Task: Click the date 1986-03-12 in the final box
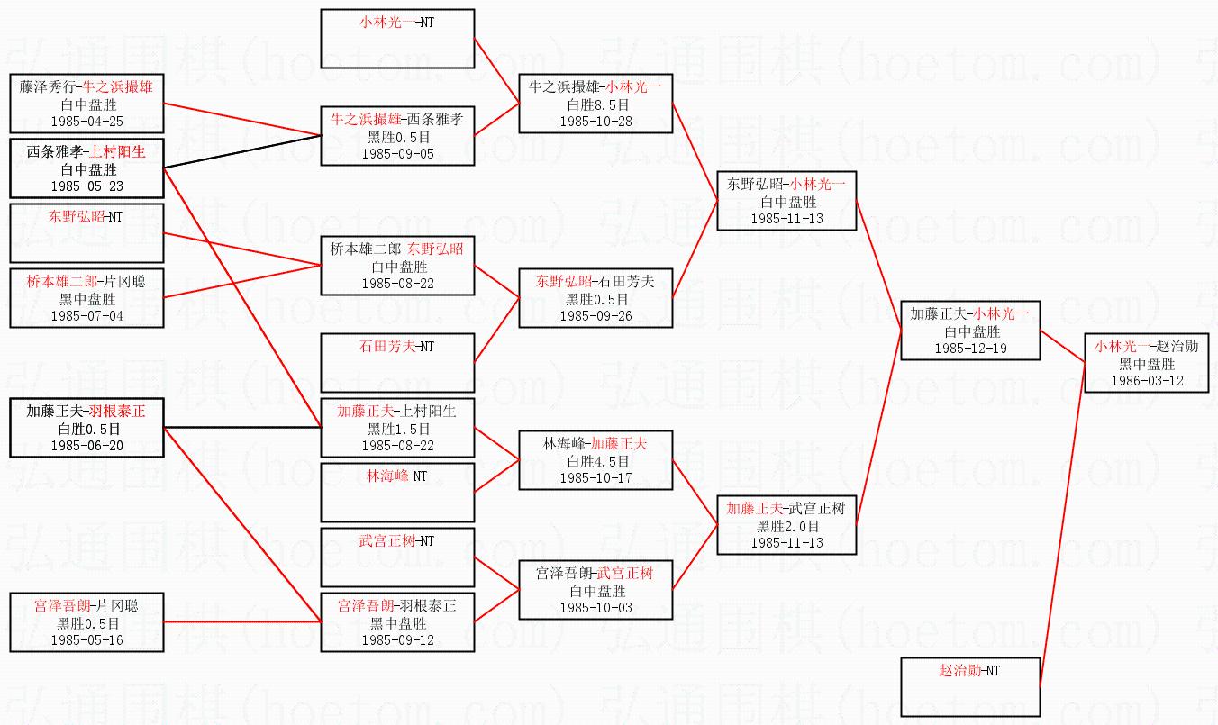[x=1147, y=381]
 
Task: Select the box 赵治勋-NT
[x=970, y=686]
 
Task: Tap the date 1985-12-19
[x=970, y=349]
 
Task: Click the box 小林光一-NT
[x=397, y=38]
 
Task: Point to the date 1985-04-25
[x=86, y=121]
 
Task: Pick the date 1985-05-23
[x=86, y=186]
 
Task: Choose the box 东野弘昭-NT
[x=86, y=232]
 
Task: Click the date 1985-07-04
[x=86, y=316]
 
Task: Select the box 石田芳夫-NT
[x=397, y=361]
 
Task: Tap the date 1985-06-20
[x=86, y=446]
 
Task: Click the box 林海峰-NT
[x=397, y=491]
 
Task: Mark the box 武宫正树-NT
[x=397, y=557]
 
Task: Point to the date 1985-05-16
[x=86, y=640]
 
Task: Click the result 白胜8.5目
[x=595, y=104]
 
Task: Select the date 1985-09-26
[x=595, y=316]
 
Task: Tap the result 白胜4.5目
[x=595, y=461]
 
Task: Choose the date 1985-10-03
[x=595, y=608]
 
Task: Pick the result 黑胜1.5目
[x=397, y=429]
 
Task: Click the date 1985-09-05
[x=397, y=154]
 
